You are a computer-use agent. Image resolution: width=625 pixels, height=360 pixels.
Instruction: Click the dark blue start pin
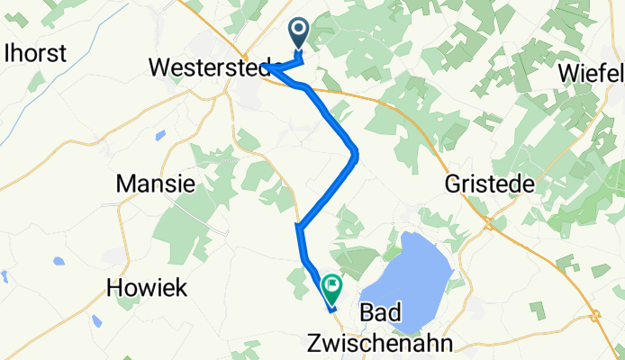[x=299, y=33]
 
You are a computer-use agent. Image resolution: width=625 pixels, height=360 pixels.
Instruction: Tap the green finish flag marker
[x=332, y=287]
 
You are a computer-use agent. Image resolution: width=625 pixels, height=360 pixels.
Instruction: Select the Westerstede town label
[x=209, y=67]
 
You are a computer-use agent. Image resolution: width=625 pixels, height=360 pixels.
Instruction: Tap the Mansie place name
[x=156, y=184]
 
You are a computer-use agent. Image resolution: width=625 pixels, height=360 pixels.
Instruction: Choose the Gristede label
[x=491, y=184]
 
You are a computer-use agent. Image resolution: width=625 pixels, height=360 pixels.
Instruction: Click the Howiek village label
[x=147, y=288]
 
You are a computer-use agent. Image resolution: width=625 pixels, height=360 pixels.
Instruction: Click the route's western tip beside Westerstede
[x=266, y=66]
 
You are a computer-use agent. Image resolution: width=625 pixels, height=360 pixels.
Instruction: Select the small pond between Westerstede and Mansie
[x=160, y=136]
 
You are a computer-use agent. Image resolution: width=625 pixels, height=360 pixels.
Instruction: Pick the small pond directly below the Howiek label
[x=96, y=320]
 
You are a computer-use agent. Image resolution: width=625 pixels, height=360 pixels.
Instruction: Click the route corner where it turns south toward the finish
[x=298, y=229]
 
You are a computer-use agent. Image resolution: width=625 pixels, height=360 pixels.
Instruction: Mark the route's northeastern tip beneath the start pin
[x=300, y=59]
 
